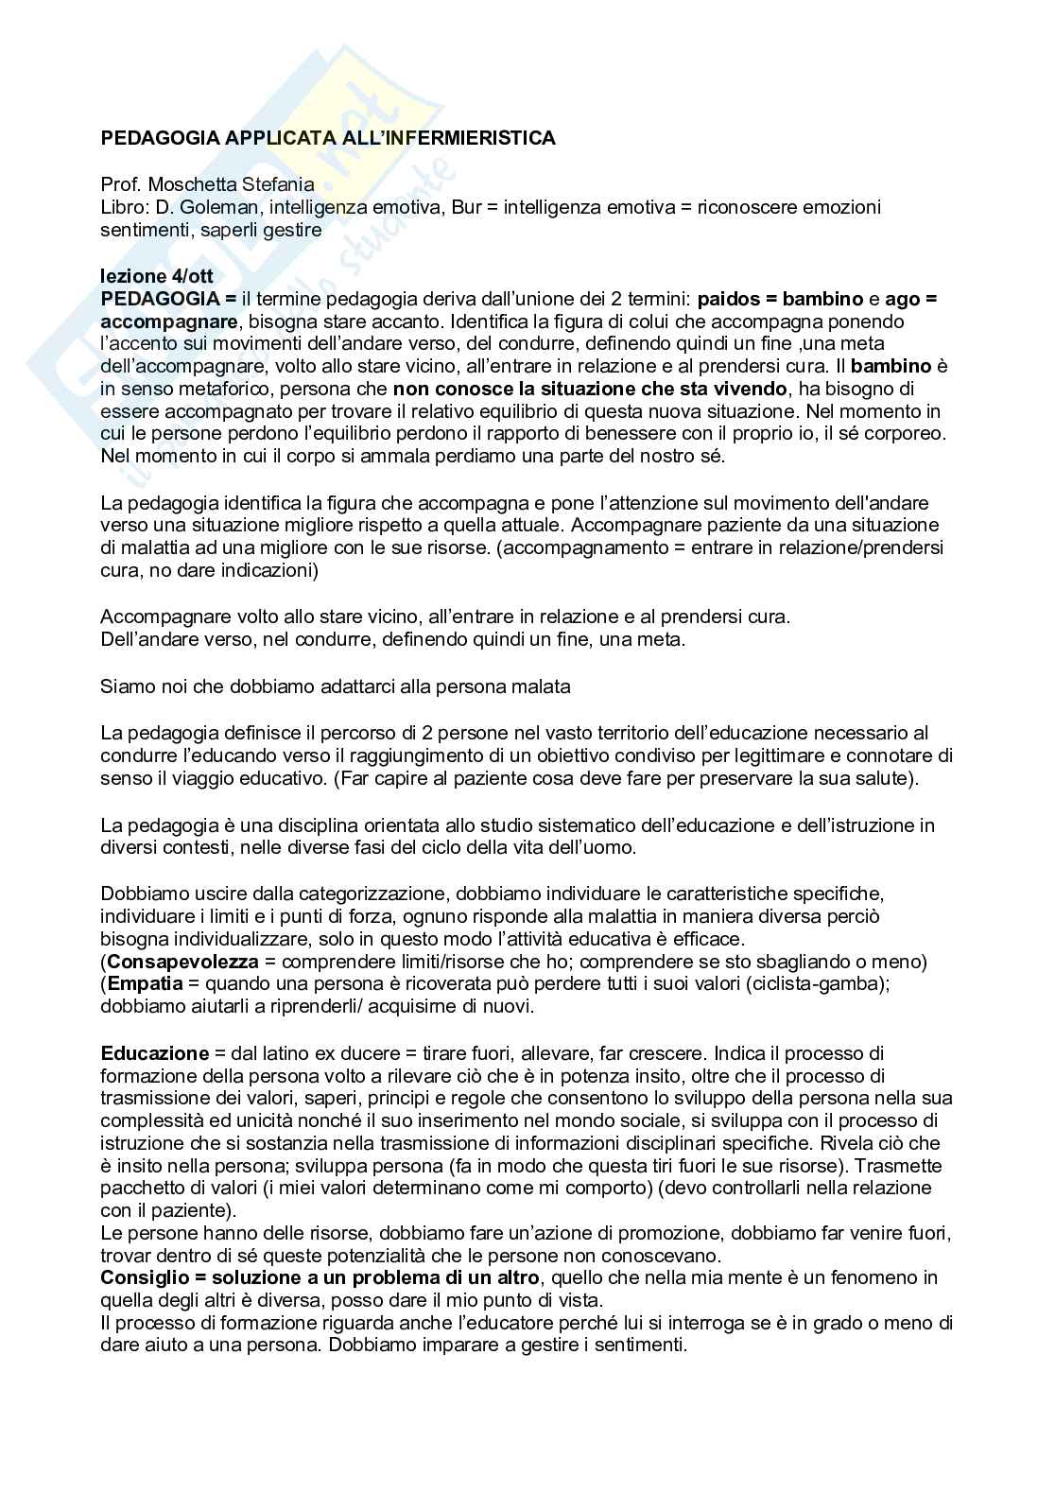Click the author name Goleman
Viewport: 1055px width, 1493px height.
click(x=214, y=207)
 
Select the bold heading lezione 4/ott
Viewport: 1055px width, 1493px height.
click(x=157, y=276)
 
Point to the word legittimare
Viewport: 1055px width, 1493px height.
click(x=789, y=755)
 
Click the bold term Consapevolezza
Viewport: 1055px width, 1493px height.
click(x=183, y=962)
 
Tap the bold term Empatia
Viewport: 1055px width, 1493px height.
click(x=146, y=984)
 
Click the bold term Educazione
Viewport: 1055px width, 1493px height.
click(x=155, y=1053)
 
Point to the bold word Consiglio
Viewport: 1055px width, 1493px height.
click(x=141, y=1278)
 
